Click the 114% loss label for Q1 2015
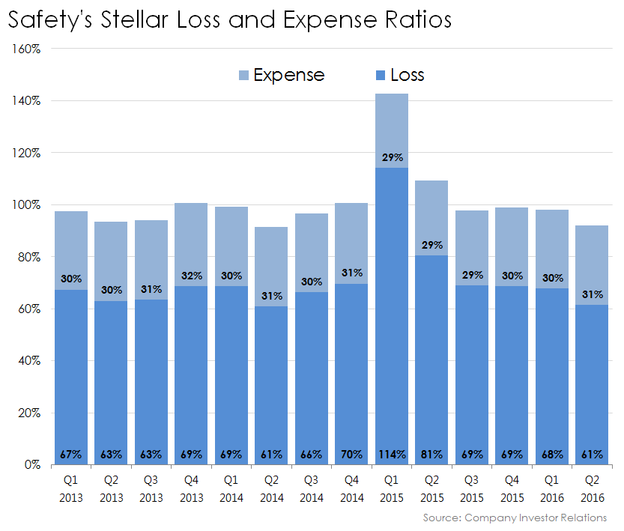392,454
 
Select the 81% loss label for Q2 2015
432,454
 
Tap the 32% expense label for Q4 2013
191,276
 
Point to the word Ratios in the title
416,19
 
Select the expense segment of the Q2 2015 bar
432,213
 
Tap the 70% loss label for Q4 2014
351,454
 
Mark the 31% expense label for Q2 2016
592,294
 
